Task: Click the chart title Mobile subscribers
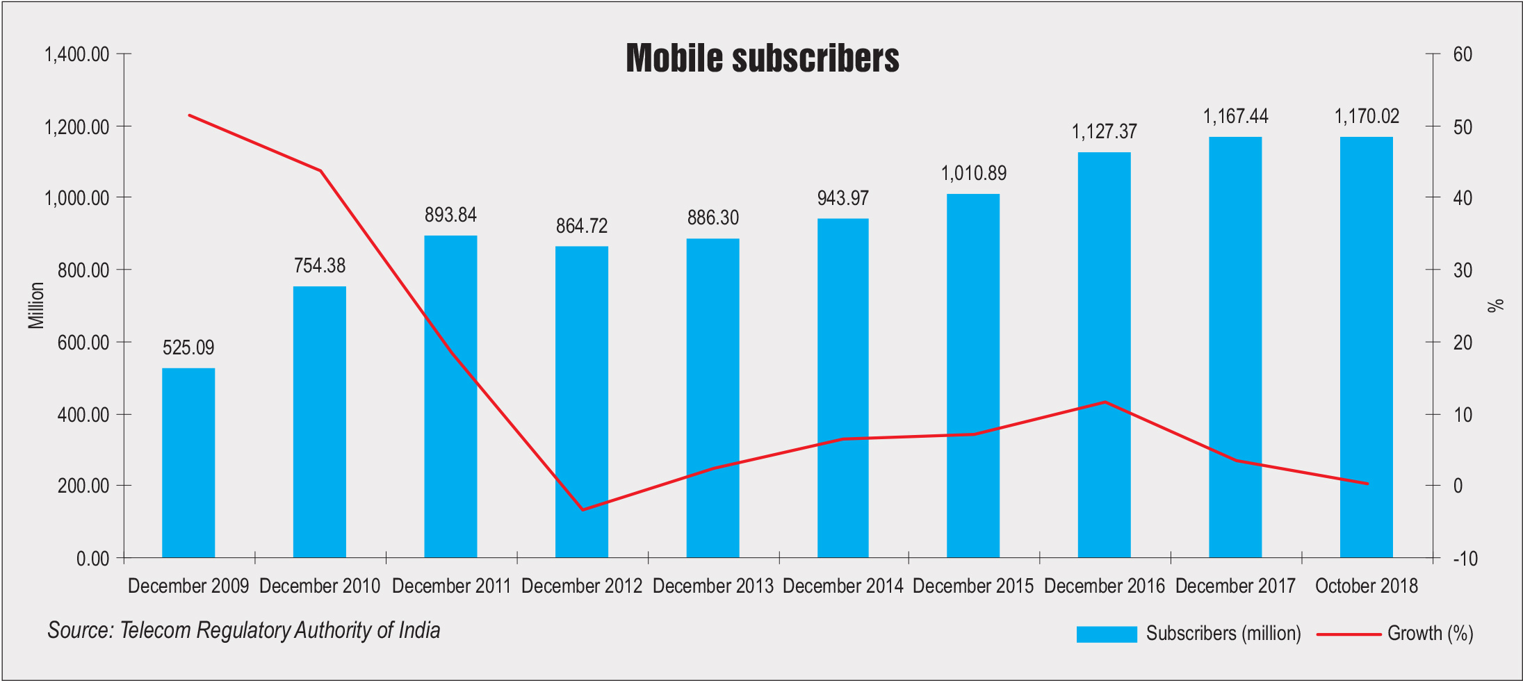762,58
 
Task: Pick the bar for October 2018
1366,347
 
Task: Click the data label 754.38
319,266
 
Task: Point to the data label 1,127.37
1104,132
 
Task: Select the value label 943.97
842,199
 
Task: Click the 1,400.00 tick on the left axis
76,54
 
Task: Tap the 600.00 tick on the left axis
83,343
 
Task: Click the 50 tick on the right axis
1463,127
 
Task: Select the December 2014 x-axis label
842,586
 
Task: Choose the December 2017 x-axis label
1235,586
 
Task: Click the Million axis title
36,305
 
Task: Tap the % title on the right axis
1495,305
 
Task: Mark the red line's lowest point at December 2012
583,509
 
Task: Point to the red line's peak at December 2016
1105,402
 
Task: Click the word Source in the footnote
79,630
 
